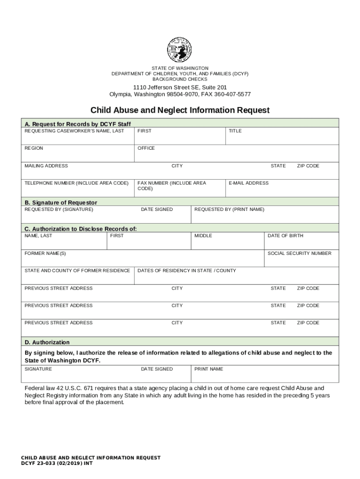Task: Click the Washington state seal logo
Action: [180, 50]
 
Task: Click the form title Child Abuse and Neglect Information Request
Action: [180, 110]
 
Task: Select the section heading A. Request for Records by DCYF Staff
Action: [78, 124]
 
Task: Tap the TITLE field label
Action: [235, 131]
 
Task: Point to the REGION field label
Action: [34, 148]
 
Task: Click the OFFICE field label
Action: [146, 148]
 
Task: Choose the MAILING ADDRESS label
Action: [46, 166]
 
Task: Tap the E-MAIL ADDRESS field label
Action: [249, 183]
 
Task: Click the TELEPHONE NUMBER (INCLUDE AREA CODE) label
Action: [76, 183]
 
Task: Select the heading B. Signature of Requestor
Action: [61, 203]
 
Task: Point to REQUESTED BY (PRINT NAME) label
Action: [229, 210]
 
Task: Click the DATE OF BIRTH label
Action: [285, 236]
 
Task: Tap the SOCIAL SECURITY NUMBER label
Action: [299, 254]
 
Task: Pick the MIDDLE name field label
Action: [203, 236]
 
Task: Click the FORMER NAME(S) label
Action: [45, 254]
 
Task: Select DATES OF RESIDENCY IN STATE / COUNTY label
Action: [187, 271]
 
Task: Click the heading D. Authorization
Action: [47, 342]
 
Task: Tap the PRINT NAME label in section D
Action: [209, 370]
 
